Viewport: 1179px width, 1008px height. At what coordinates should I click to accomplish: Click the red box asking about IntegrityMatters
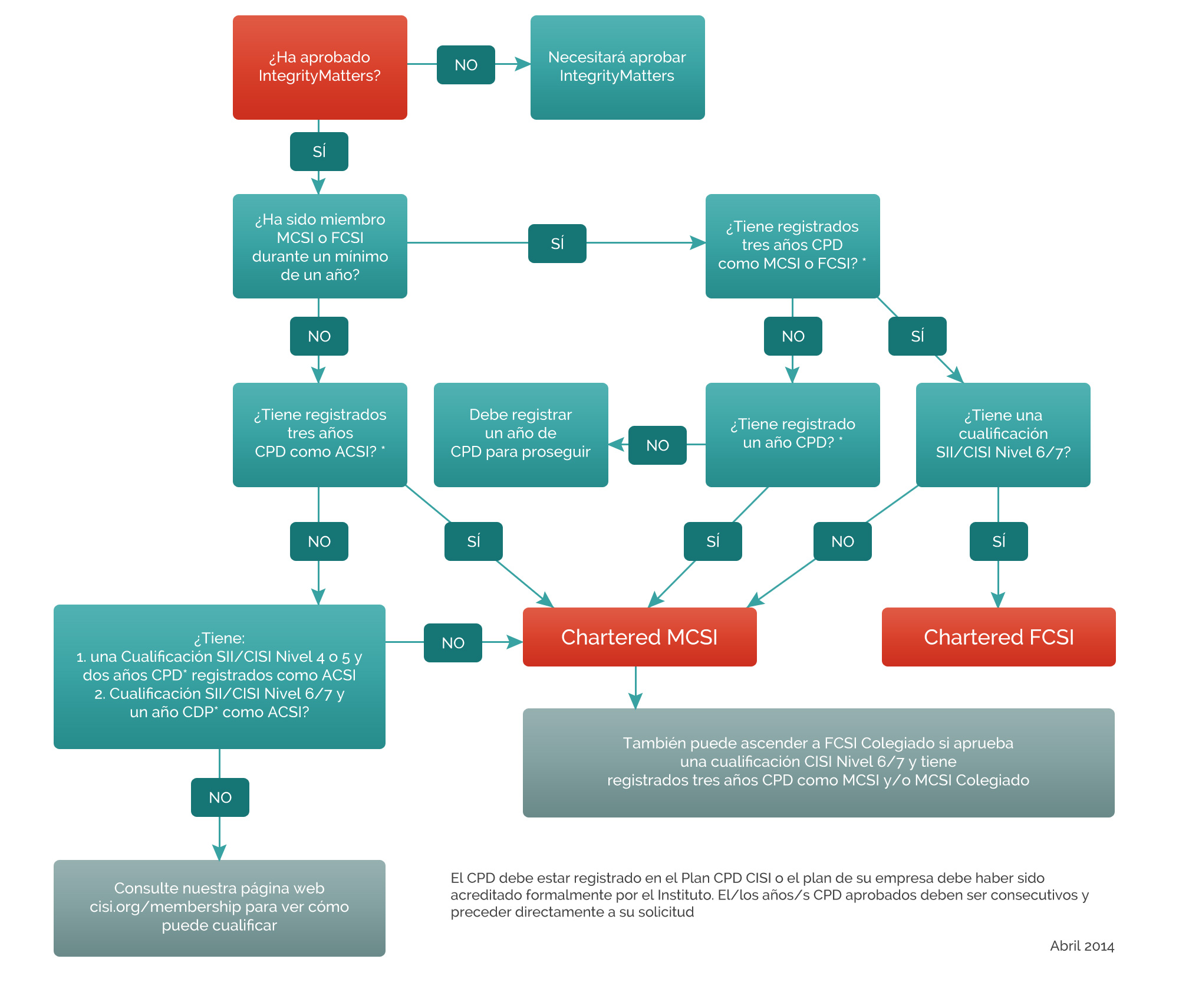click(x=320, y=67)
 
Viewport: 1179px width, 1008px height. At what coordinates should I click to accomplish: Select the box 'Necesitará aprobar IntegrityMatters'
click(x=617, y=67)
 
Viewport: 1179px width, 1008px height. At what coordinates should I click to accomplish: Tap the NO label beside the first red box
click(x=466, y=65)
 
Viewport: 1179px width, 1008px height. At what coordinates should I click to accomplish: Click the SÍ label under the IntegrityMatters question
click(x=319, y=152)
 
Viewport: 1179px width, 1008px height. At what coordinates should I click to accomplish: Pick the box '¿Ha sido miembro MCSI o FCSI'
click(x=320, y=246)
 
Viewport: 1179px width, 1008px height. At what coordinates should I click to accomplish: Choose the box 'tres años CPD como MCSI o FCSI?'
click(x=792, y=246)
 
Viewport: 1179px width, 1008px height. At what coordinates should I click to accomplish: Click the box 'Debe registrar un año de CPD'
click(x=521, y=435)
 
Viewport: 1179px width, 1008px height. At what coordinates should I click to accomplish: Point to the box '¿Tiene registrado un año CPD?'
click(x=792, y=435)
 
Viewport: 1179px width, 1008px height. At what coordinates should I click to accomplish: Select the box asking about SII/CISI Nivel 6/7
click(x=1003, y=435)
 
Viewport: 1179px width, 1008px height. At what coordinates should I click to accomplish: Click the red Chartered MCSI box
click(x=640, y=637)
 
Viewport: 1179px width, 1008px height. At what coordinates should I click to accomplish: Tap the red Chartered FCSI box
click(x=999, y=637)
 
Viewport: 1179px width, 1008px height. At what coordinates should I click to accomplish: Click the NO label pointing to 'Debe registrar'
click(x=657, y=445)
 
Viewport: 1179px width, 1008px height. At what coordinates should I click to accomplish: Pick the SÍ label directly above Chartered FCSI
click(x=999, y=541)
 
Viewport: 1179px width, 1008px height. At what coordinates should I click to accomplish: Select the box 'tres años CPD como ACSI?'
click(x=320, y=435)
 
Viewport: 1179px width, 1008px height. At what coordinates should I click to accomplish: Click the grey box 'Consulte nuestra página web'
click(x=219, y=908)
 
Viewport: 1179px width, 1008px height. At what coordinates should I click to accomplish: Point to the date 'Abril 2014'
click(x=1082, y=946)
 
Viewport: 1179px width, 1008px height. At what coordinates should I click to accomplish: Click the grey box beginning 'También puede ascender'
click(x=818, y=762)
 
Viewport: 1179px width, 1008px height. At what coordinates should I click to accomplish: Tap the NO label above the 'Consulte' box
click(x=220, y=797)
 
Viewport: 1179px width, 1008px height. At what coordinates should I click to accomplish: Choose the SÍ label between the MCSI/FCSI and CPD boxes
click(x=557, y=244)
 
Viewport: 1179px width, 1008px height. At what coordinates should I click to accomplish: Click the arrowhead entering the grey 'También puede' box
click(x=635, y=701)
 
